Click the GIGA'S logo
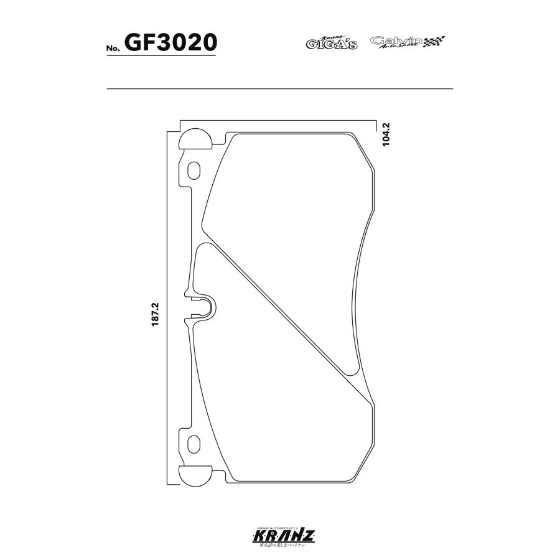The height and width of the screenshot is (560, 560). click(331, 43)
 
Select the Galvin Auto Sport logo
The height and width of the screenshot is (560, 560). click(396, 42)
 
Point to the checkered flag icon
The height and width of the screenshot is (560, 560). click(435, 42)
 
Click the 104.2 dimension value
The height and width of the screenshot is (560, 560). click(386, 134)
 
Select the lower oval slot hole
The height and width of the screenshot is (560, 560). click(194, 444)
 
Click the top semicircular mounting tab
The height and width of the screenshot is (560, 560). click(194, 140)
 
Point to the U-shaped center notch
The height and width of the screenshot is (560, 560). click(205, 306)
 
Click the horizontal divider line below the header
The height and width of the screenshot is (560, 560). click(280, 89)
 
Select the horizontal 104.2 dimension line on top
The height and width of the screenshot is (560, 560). click(280, 119)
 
